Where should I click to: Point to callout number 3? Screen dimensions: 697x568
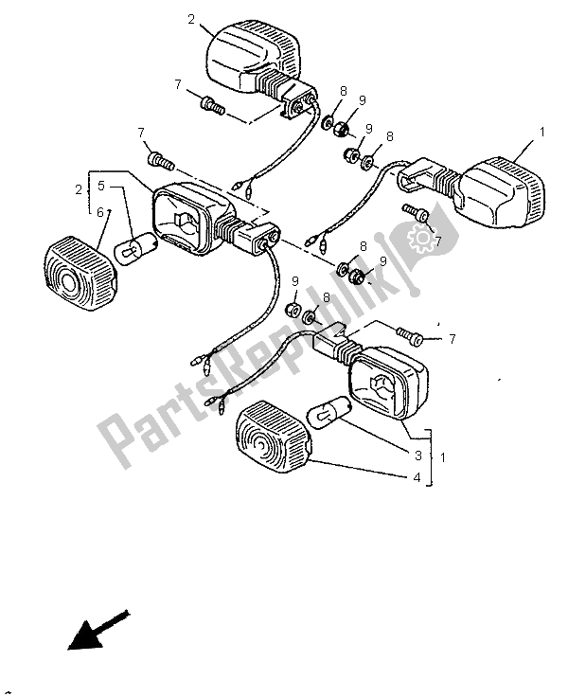(x=417, y=456)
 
